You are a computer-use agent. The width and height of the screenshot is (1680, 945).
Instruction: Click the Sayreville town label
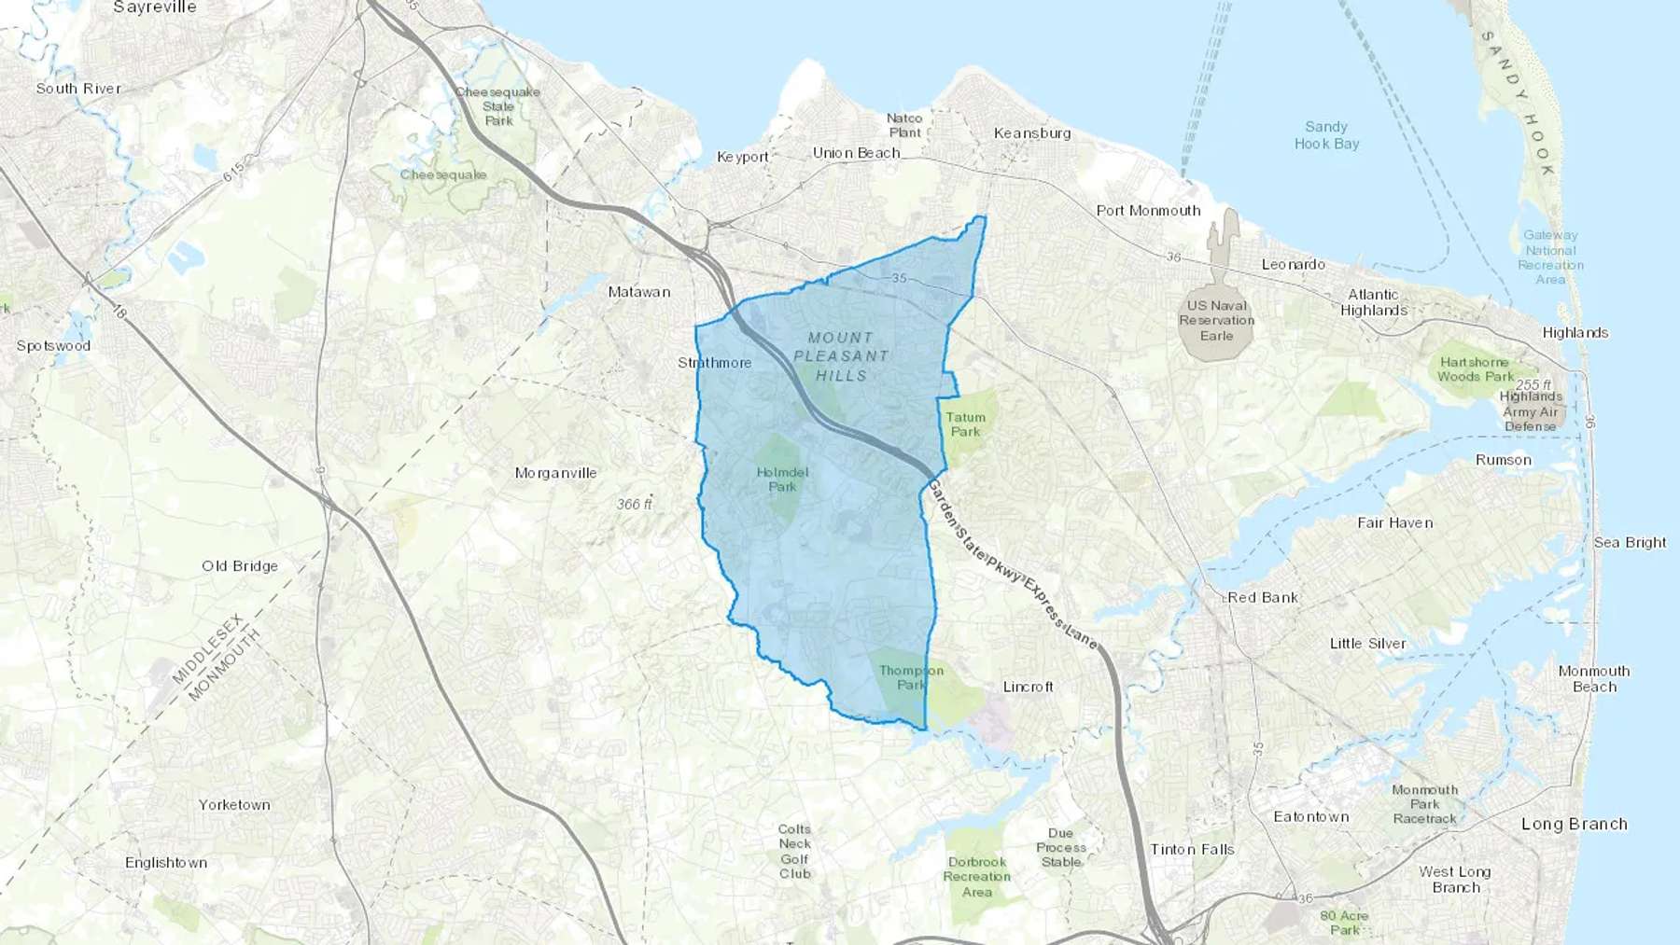(x=155, y=7)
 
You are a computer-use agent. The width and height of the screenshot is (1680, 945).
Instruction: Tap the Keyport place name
(x=743, y=157)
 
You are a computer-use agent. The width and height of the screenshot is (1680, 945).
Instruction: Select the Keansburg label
(x=1032, y=133)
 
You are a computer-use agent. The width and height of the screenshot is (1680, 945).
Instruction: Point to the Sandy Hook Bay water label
(x=1326, y=135)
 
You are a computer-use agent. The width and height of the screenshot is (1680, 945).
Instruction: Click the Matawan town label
(x=639, y=292)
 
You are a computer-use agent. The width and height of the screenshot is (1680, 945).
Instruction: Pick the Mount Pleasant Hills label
(x=842, y=356)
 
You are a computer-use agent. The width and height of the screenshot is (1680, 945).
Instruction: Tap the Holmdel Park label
(x=782, y=479)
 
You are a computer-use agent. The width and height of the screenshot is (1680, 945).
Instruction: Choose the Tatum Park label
(x=965, y=424)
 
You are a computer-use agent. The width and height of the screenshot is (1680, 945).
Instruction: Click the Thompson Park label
(x=911, y=677)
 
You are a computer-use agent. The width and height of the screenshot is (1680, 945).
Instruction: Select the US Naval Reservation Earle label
(x=1216, y=320)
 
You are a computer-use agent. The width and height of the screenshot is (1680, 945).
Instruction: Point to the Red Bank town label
(x=1263, y=597)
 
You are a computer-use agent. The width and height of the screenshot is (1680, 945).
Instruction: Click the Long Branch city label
(x=1575, y=824)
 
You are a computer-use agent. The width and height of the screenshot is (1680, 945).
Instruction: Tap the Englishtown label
(x=166, y=862)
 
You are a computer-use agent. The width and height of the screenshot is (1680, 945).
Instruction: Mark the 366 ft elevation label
(x=635, y=504)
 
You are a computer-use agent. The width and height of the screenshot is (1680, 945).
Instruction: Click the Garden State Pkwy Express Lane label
(x=1012, y=565)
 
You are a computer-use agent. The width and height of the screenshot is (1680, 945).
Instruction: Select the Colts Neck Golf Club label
(x=795, y=852)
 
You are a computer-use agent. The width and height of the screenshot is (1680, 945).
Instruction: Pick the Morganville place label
(x=555, y=473)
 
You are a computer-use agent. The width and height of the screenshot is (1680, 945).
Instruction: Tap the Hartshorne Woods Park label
(x=1475, y=369)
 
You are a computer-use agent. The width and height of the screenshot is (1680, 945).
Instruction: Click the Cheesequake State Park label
(x=498, y=106)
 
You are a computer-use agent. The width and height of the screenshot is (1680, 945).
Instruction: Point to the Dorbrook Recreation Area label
(x=977, y=877)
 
